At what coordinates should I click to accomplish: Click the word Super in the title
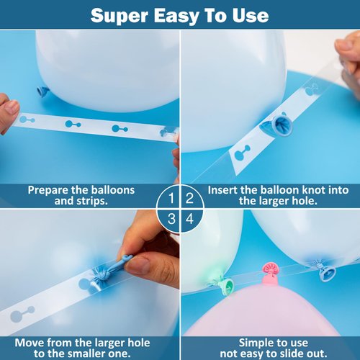120,16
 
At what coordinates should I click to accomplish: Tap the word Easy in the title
176,17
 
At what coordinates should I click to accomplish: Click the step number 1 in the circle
171,198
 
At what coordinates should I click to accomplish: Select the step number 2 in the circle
189,198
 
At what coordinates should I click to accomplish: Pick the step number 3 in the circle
171,219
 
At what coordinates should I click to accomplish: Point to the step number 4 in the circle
189,219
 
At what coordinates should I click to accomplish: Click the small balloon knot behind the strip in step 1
43,91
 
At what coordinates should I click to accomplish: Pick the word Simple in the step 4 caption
256,343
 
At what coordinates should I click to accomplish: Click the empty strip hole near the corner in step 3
22,314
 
